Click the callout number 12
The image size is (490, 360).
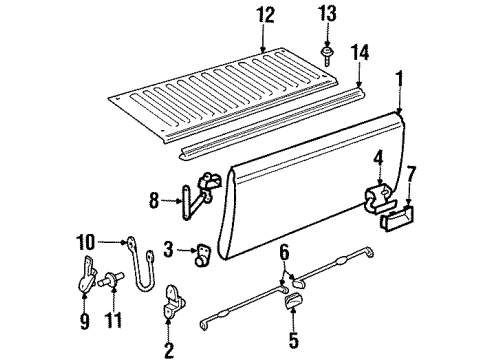263,16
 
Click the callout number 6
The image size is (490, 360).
284,253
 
